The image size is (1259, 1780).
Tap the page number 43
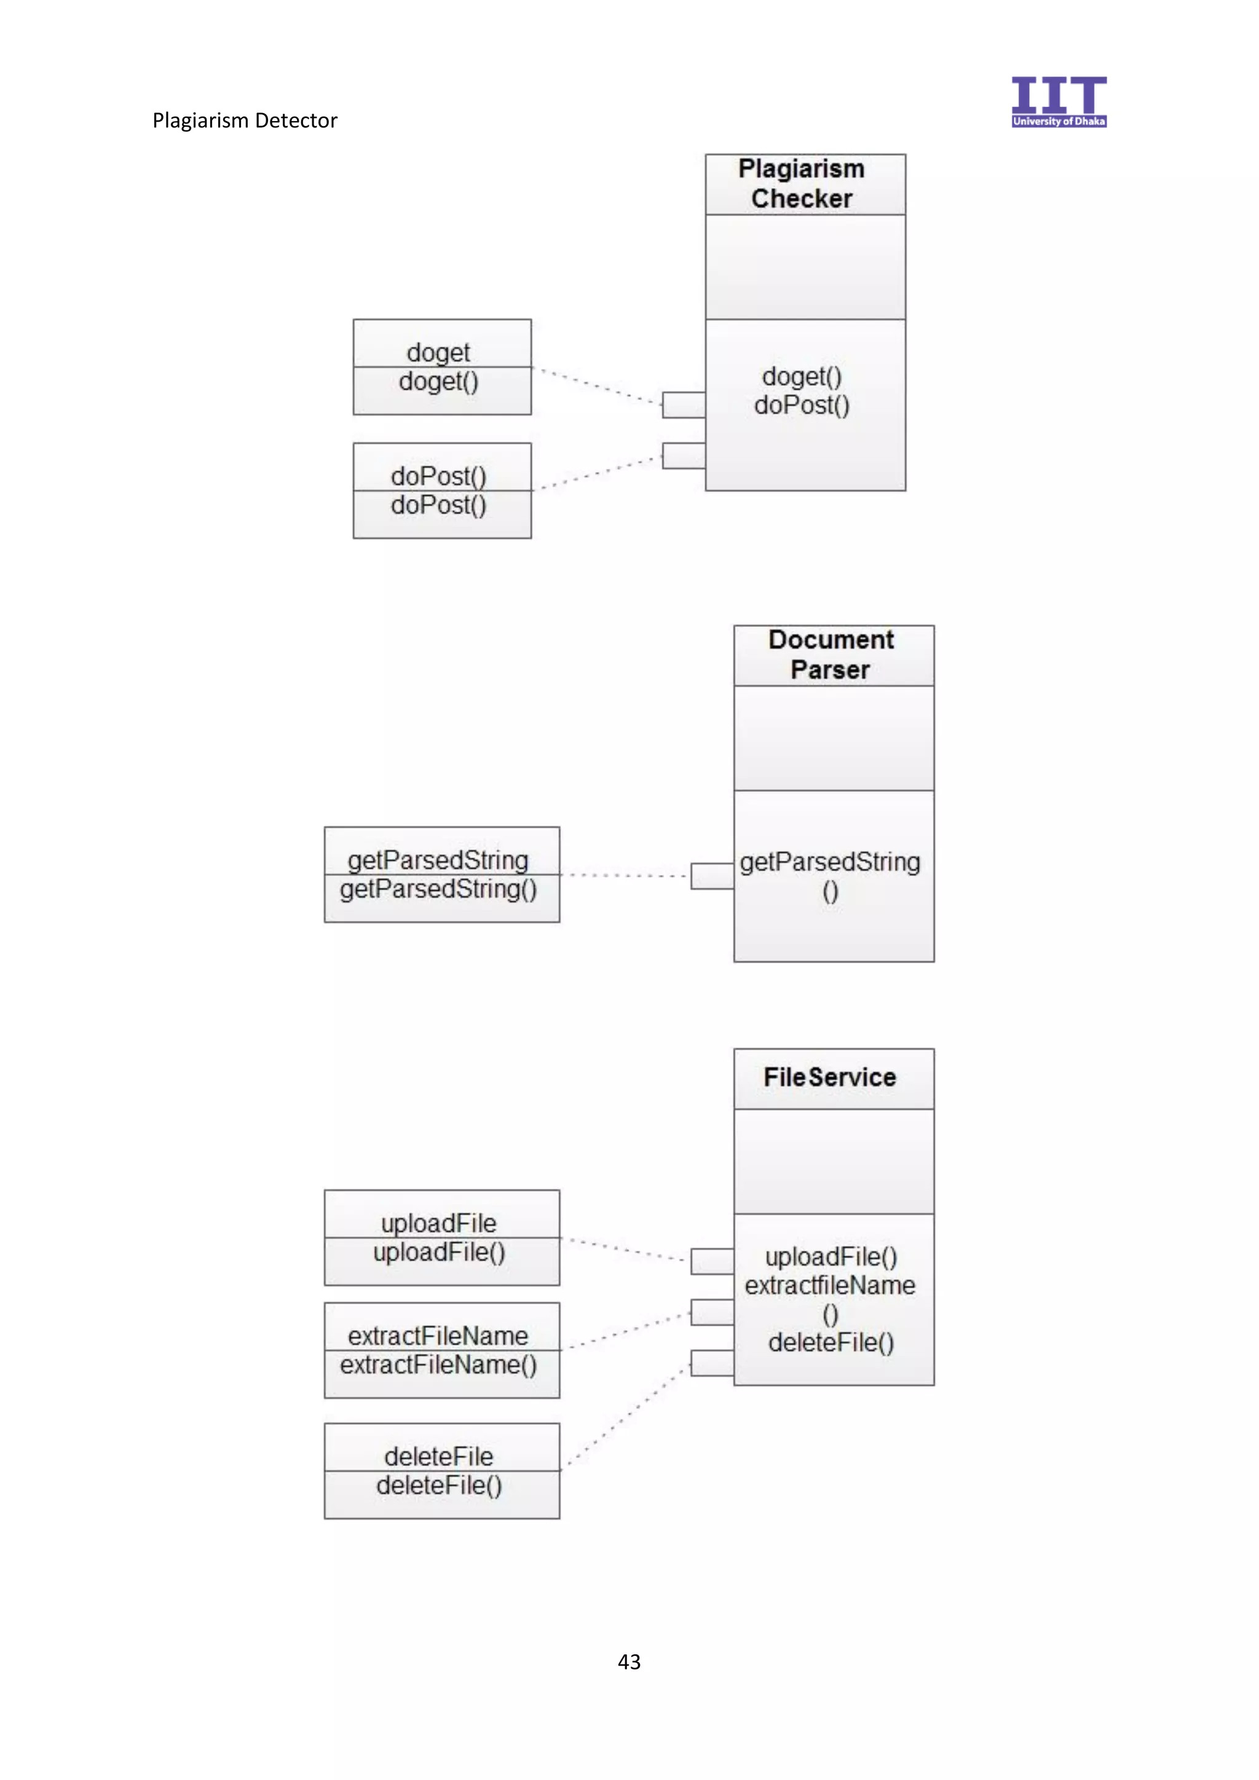pos(629,1661)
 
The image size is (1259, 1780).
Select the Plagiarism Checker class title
pos(802,184)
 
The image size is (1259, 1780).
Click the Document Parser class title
pos(831,655)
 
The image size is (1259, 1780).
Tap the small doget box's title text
pos(438,353)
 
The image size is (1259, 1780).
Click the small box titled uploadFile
pos(441,1238)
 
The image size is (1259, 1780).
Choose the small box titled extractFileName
pos(441,1350)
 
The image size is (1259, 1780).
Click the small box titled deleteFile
pos(441,1471)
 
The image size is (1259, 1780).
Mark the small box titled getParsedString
pos(441,875)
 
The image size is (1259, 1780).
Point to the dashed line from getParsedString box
pos(624,875)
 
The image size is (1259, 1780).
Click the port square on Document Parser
pos(712,876)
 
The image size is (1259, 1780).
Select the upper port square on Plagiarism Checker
pos(683,404)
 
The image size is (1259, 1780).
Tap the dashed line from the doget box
pos(597,385)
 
